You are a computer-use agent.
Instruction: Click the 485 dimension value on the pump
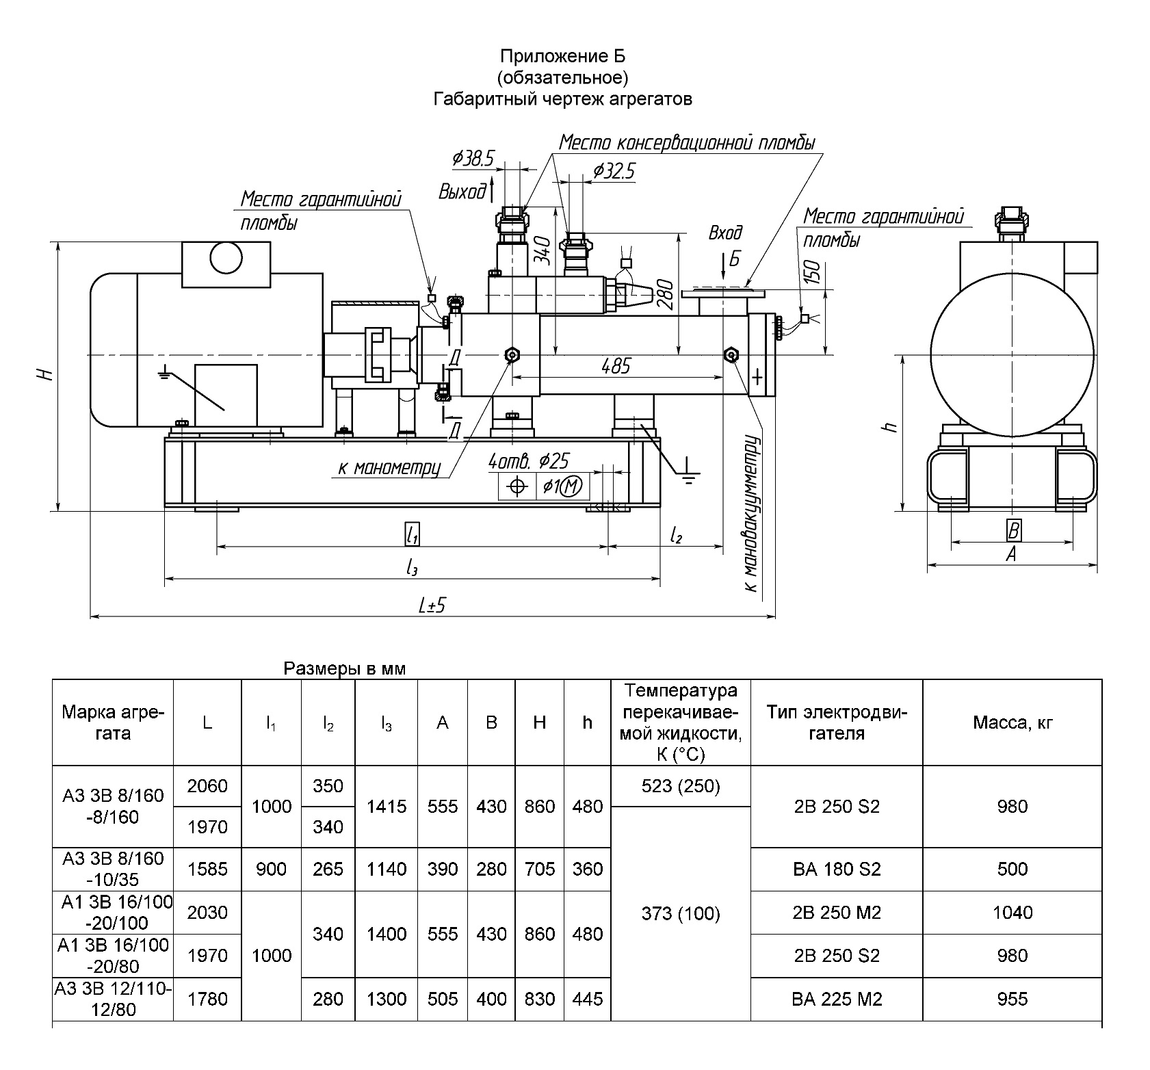(x=616, y=367)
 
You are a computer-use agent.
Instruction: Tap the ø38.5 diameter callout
(x=473, y=159)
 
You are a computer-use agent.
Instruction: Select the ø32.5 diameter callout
(x=614, y=170)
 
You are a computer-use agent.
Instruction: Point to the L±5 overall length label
(x=432, y=605)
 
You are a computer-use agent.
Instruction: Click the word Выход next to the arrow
(x=462, y=192)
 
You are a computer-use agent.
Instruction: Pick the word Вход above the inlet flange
(x=725, y=234)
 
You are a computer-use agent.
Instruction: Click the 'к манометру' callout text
(x=389, y=468)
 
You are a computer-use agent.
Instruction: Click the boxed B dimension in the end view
(x=1013, y=530)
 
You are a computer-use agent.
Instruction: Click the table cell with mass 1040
(x=1012, y=912)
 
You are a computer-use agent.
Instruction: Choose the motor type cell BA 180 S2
(x=837, y=869)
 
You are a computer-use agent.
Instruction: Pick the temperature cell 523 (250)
(x=681, y=786)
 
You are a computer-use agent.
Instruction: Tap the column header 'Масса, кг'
(x=1012, y=722)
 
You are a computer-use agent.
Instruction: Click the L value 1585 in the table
(x=207, y=869)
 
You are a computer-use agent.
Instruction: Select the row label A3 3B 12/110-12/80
(x=113, y=999)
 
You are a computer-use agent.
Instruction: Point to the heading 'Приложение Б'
(x=562, y=55)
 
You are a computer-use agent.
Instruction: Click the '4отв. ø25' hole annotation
(x=528, y=462)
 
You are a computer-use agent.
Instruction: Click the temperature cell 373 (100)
(x=681, y=913)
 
